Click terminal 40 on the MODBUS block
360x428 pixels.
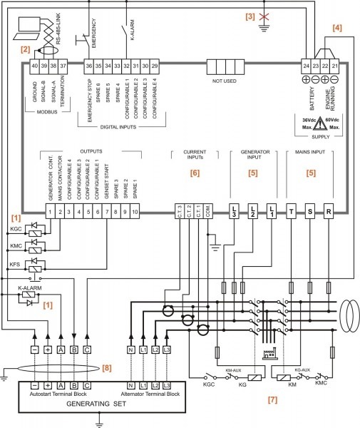(34, 66)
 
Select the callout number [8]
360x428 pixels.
(107, 367)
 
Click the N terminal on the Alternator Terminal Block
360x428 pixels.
(130, 385)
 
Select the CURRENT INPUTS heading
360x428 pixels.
(193, 156)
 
